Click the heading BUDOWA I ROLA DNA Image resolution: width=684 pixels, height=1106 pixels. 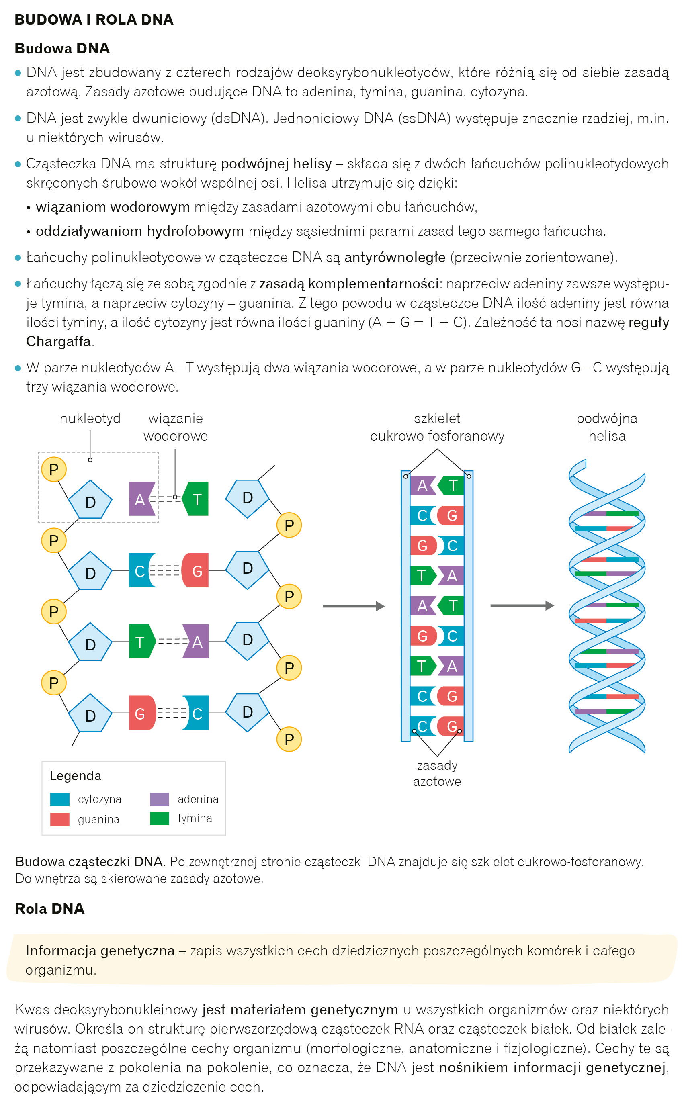[x=94, y=20]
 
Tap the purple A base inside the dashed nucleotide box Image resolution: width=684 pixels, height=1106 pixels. [x=141, y=499]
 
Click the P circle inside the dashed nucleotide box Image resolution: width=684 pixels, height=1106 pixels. [x=54, y=469]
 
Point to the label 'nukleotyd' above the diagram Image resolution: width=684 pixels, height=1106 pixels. [x=90, y=418]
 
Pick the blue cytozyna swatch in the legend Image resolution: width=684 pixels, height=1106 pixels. [x=60, y=799]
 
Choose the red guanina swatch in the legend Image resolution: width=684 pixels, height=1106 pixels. [x=60, y=819]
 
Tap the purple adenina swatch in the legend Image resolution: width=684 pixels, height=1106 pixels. [x=159, y=799]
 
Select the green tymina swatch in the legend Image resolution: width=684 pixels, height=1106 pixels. [x=159, y=818]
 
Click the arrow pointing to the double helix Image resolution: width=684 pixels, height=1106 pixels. [x=522, y=605]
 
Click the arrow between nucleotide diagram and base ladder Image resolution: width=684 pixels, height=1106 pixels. [x=353, y=606]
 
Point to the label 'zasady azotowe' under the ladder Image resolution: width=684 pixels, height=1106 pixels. [x=437, y=773]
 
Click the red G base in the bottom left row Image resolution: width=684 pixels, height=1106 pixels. [x=141, y=713]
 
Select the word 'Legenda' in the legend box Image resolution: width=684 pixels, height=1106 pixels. [x=76, y=776]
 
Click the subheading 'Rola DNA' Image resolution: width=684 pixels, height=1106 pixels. [x=50, y=908]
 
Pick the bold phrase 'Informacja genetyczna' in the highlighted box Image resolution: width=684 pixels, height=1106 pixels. [x=100, y=951]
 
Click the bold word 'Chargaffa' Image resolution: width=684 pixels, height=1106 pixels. [x=58, y=341]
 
